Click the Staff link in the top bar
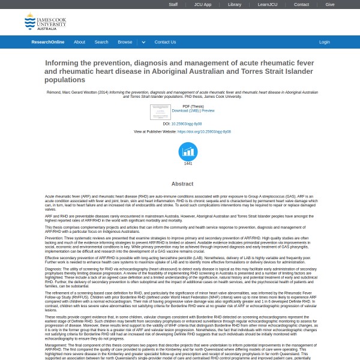[x=173, y=4]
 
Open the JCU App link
[x=202, y=4]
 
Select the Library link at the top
[x=235, y=4]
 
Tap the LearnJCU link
[x=267, y=4]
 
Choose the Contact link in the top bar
[x=301, y=4]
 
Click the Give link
[x=330, y=4]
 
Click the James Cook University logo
[x=46, y=23]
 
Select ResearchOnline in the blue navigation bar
[x=48, y=42]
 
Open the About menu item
[x=79, y=42]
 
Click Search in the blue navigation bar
[x=101, y=42]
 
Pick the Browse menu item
[x=125, y=42]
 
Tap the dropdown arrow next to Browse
[x=143, y=42]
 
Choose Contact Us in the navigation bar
[x=165, y=42]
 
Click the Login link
[x=324, y=42]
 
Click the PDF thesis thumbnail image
[x=160, y=112]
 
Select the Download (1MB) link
[x=185, y=110]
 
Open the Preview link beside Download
[x=208, y=110]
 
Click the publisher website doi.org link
[x=204, y=131]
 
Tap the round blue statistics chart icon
[x=188, y=152]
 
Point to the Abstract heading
[x=182, y=184]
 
